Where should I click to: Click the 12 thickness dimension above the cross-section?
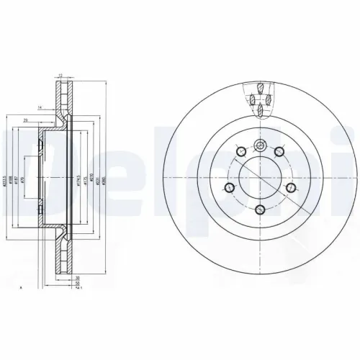(x=60, y=73)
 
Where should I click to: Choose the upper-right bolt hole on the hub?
(x=278, y=151)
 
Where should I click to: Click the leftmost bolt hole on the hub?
(x=228, y=189)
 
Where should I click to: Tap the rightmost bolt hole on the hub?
(x=291, y=189)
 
